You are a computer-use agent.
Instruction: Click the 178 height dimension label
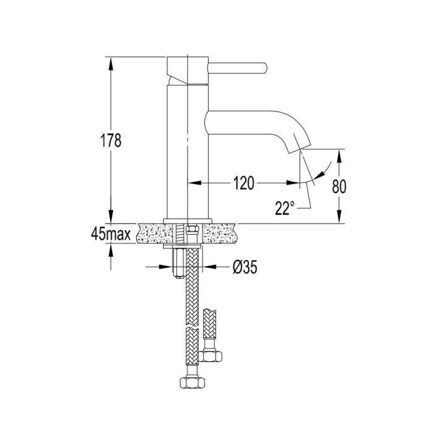[x=110, y=140]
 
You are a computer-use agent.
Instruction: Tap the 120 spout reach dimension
[x=244, y=183]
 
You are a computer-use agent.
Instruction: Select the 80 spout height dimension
[x=339, y=187]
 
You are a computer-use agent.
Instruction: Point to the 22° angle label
[x=284, y=208]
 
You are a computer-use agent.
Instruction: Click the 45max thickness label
[x=111, y=234]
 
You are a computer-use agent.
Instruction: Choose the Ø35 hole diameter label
[x=245, y=267]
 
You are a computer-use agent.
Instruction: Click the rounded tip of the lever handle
[x=264, y=68]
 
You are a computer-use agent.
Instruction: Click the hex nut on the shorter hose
[x=210, y=356]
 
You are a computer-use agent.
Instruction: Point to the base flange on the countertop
[x=188, y=221]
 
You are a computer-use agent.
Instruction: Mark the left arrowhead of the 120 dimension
[x=195, y=183]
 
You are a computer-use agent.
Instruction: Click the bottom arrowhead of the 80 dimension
[x=339, y=217]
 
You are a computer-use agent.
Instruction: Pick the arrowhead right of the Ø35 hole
[x=209, y=267]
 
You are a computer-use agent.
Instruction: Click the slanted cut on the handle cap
[x=177, y=77]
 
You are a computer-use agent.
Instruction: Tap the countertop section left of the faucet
[x=151, y=233]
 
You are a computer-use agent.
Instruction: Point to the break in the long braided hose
[x=192, y=329]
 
